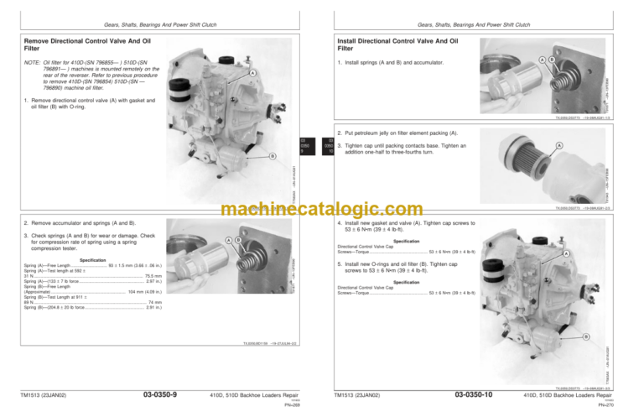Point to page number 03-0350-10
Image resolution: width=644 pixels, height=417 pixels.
click(x=475, y=394)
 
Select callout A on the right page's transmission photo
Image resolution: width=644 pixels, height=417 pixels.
click(x=566, y=254)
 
